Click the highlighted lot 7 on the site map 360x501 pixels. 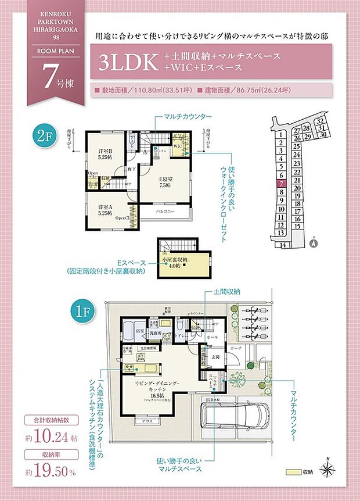coord(281,183)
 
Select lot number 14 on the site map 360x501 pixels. coord(283,245)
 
